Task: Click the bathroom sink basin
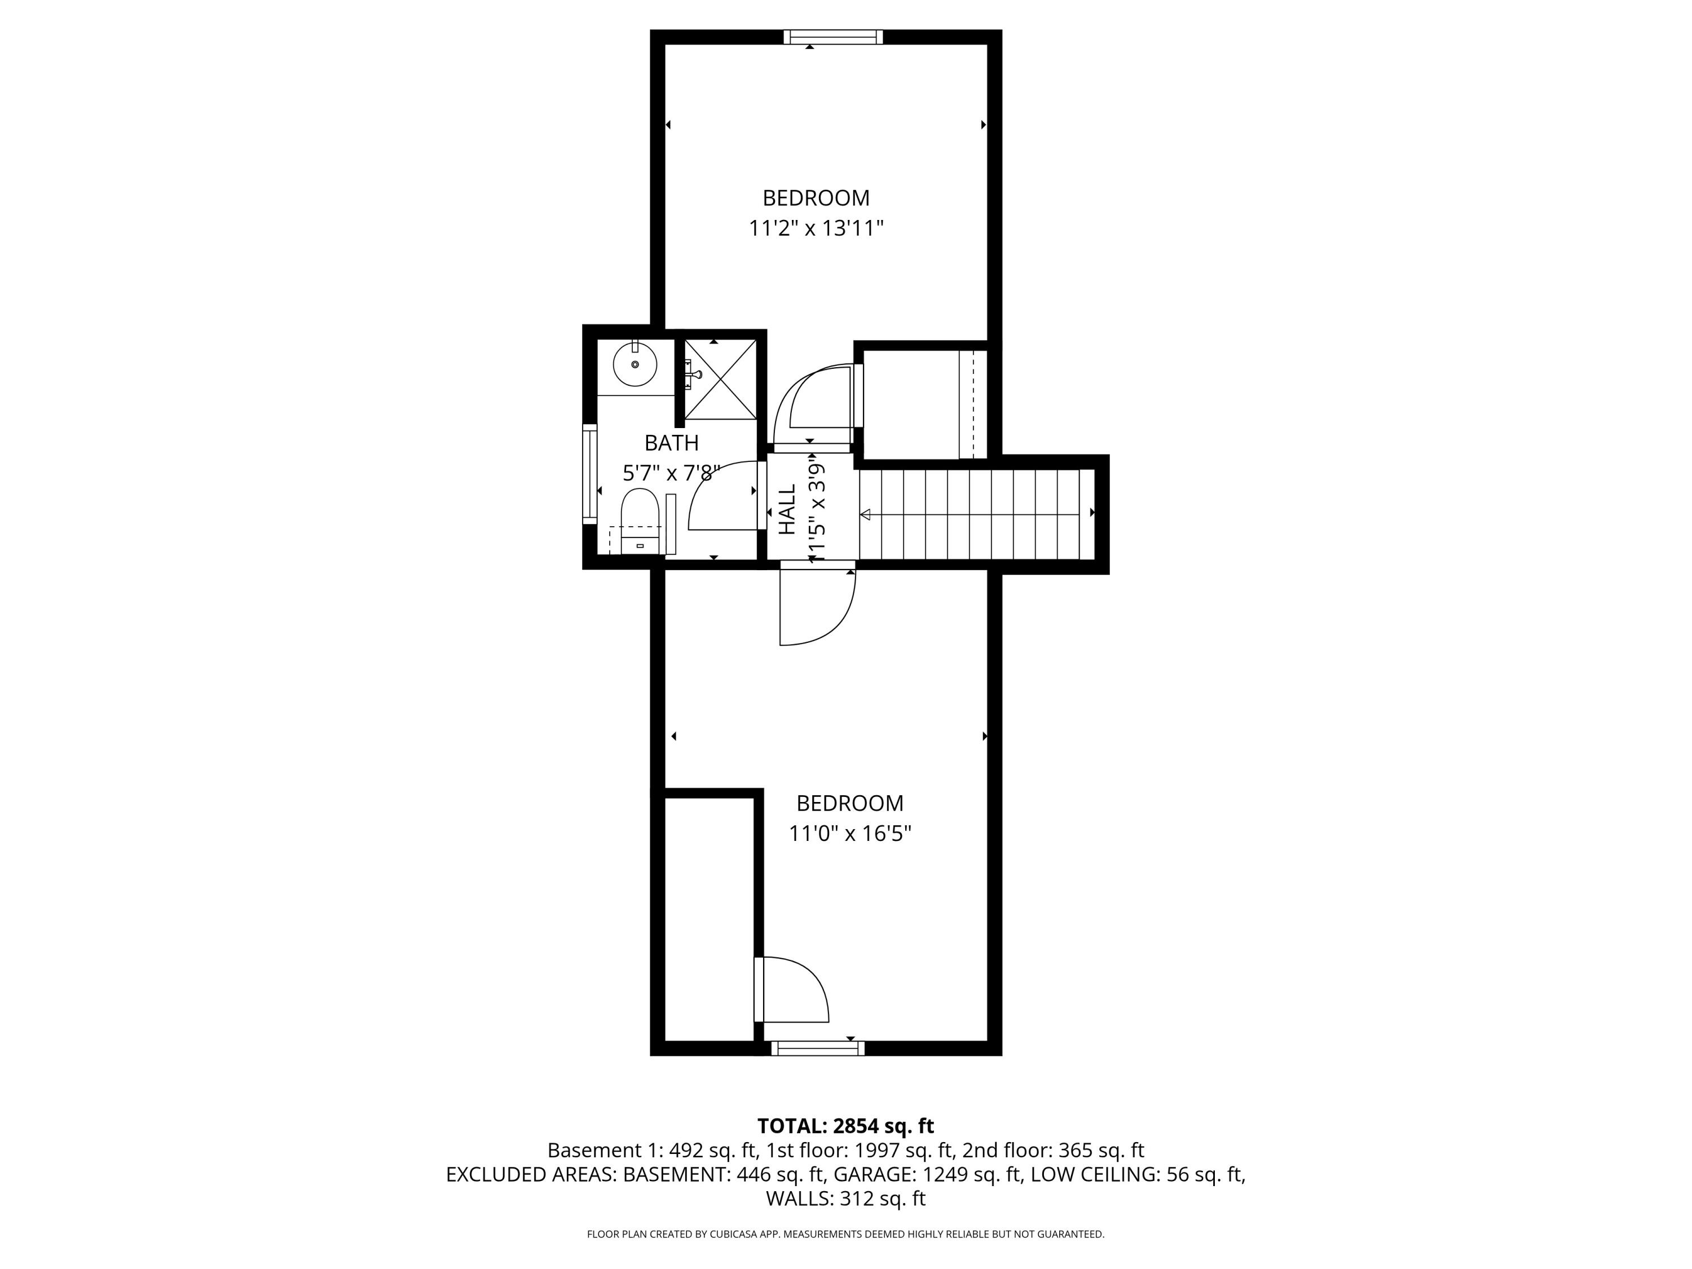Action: point(635,365)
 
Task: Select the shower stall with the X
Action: point(720,380)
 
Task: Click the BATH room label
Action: point(672,443)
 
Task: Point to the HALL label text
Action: point(787,510)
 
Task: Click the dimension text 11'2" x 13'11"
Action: point(816,229)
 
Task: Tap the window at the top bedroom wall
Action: point(833,37)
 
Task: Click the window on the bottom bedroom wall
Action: point(818,1048)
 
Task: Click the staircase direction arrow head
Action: point(865,515)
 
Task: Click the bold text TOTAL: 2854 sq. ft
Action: point(845,1126)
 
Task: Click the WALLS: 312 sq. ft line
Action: point(845,1198)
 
